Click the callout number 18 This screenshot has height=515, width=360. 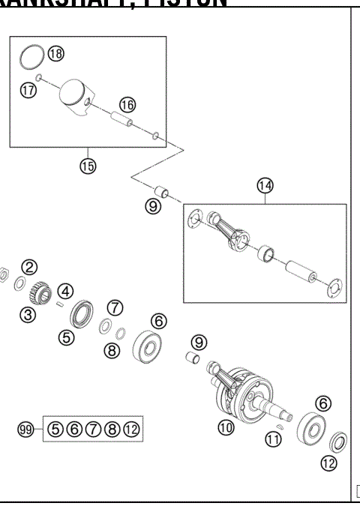[x=56, y=53]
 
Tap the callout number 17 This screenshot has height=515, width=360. [x=27, y=89]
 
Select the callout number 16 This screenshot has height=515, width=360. [x=127, y=104]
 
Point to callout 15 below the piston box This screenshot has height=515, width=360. [x=88, y=166]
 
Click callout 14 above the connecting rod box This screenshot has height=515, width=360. [x=265, y=185]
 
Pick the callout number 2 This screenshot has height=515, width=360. [x=28, y=267]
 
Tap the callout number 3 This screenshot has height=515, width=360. [x=28, y=314]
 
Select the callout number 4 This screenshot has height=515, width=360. [x=66, y=291]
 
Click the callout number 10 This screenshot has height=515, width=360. [x=226, y=427]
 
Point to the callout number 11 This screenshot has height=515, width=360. [x=274, y=439]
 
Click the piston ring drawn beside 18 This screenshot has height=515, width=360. [x=31, y=55]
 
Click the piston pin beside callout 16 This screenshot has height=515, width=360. [x=122, y=118]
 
